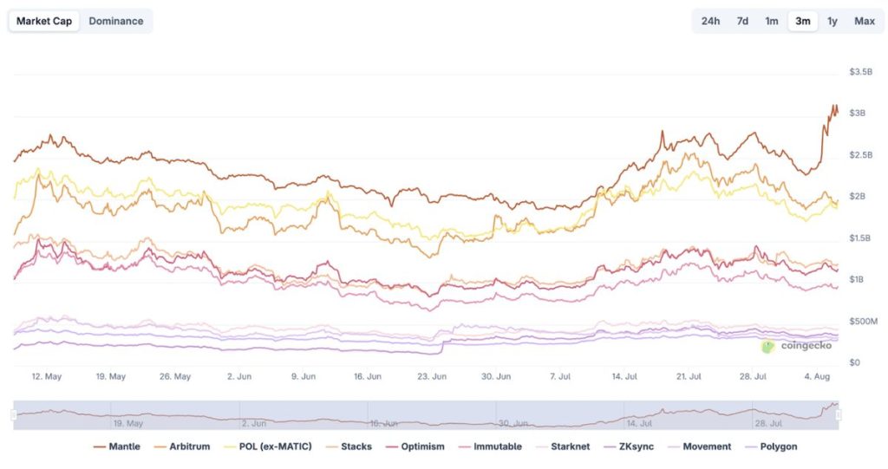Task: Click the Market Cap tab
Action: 44,21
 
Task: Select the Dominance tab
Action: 116,21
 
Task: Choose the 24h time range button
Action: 710,21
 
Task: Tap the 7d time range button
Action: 742,21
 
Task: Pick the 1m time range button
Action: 772,21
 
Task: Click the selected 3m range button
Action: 803,21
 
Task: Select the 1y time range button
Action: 832,21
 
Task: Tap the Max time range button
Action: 864,21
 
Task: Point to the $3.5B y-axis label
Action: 860,72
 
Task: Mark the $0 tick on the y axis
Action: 855,362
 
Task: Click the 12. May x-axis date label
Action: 46,377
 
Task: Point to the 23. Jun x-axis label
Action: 432,377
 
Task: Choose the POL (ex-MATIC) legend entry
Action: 269,446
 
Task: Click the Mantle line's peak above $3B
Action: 834,106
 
